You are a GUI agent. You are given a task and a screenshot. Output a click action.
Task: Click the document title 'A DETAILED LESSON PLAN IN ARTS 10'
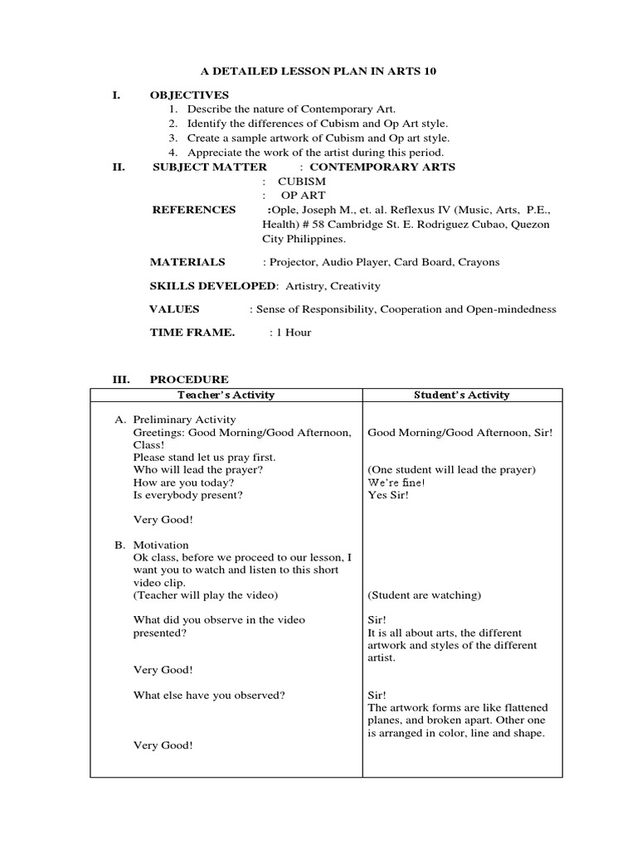(318, 72)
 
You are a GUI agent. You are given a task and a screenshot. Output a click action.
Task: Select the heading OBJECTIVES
(189, 95)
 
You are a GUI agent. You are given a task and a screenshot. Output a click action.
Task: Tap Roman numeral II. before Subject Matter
(119, 167)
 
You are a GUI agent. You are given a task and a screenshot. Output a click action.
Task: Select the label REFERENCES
(193, 210)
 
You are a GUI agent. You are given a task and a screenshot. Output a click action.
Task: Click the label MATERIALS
(187, 262)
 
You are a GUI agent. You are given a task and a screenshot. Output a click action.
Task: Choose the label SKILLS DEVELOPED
(213, 285)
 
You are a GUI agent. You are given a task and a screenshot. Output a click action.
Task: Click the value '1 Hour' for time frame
(292, 332)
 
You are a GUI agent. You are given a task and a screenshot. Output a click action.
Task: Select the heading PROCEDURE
(189, 380)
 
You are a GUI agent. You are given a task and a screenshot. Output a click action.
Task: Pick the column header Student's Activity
(462, 395)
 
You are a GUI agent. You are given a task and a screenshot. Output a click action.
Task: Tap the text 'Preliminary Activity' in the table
(184, 420)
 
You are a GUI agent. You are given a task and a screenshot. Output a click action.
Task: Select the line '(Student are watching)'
(424, 595)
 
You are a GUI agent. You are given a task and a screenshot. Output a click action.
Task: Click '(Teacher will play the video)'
(205, 595)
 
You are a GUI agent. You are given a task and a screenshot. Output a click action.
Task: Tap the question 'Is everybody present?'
(189, 495)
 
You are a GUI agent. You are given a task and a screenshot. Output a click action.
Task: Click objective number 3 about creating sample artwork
(318, 138)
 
